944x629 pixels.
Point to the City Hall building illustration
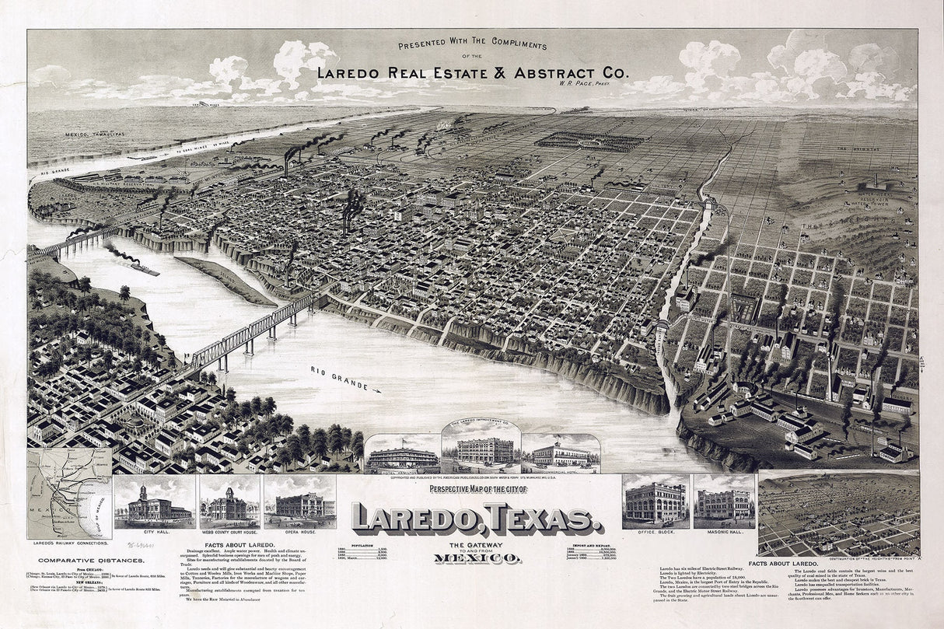point(153,504)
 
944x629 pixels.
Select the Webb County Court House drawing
point(229,505)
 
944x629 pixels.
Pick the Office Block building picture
point(656,502)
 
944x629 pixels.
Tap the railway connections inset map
point(70,494)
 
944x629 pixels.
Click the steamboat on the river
point(141,267)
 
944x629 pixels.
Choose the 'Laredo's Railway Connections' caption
point(70,542)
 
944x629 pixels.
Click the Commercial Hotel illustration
point(561,456)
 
